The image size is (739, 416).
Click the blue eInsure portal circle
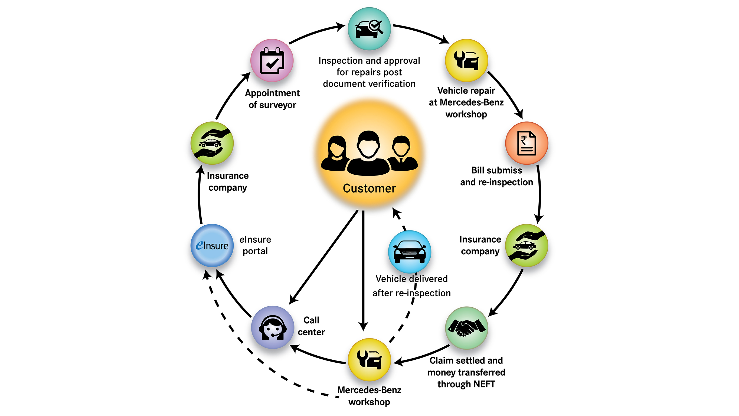[x=212, y=245]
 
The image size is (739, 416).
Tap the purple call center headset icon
[x=273, y=327]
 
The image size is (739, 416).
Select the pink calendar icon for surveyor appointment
[x=272, y=61]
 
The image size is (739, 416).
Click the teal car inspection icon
[x=369, y=29]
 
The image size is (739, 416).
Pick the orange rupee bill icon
[x=527, y=143]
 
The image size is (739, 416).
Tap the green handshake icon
[x=466, y=328]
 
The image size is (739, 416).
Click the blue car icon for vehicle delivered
[x=409, y=252]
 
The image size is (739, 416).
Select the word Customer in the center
[x=369, y=188]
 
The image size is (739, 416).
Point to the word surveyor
[x=277, y=105]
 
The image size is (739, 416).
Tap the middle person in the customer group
[x=368, y=154]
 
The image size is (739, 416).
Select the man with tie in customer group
[x=402, y=154]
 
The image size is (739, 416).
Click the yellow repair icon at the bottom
[x=369, y=359]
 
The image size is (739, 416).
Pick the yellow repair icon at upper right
[x=466, y=60]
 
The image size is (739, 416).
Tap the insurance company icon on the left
[x=212, y=143]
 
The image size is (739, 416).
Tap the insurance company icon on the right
[x=527, y=245]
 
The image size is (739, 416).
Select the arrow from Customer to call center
[x=324, y=257]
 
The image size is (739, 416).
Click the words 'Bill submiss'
[x=496, y=170]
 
